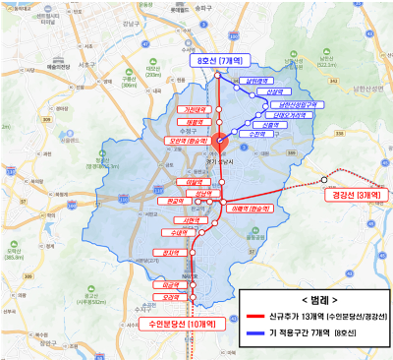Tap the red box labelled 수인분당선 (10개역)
[x=182, y=323]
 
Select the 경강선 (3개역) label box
[x=356, y=196]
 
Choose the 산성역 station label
[x=267, y=93]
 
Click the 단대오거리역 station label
[x=282, y=115]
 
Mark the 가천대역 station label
[x=193, y=110]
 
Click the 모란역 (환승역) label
[x=192, y=140]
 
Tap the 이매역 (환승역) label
[x=248, y=210]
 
